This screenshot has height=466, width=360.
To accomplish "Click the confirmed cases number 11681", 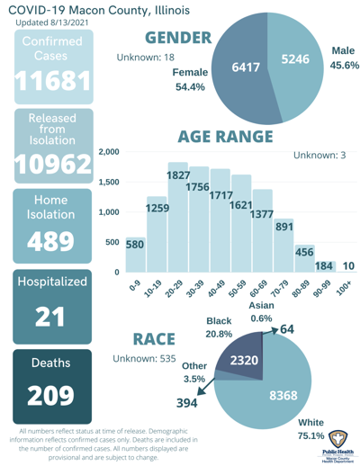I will [x=49, y=83].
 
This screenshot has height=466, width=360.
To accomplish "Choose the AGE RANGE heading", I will [x=225, y=137].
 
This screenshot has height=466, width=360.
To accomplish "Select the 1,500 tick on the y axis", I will [x=109, y=183].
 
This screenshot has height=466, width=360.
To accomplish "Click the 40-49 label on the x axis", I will [x=218, y=291].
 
